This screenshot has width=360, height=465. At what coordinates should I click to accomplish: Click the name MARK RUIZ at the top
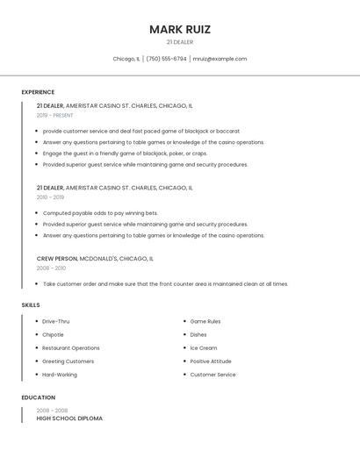coord(179,29)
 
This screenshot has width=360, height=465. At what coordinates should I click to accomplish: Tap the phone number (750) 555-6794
coord(166,59)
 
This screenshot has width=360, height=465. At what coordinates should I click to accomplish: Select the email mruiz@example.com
coord(220,59)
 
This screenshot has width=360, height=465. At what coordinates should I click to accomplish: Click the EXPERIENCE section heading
coord(38,92)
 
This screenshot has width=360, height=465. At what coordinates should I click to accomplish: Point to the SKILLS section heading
coord(31,305)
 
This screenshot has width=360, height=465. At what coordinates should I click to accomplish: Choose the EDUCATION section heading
coord(38,397)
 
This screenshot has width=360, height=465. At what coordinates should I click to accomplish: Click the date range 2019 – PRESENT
coord(54,116)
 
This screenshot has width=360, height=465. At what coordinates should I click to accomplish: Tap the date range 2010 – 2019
coord(50,197)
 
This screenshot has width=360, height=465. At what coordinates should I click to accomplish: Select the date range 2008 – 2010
coord(50,268)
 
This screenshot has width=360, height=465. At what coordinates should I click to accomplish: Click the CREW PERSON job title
coord(57,259)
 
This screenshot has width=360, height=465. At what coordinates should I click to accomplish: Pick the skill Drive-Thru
coord(56,322)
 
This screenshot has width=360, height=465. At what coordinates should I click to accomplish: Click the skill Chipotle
coord(53,335)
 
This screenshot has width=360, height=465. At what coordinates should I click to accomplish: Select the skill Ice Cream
coord(204,348)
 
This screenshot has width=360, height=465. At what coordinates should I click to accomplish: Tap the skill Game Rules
coord(205,322)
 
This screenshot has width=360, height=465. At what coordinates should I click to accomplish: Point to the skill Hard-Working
coord(60,375)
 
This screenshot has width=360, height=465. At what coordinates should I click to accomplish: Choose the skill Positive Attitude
coord(211,361)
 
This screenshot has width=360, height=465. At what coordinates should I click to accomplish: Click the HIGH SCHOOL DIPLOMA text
coord(69,419)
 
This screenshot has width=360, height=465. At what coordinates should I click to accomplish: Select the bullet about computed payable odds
coord(100,213)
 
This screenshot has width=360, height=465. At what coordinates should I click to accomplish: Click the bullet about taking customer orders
coord(165,284)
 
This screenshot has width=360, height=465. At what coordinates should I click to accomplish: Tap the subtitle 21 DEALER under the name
coord(179,42)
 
